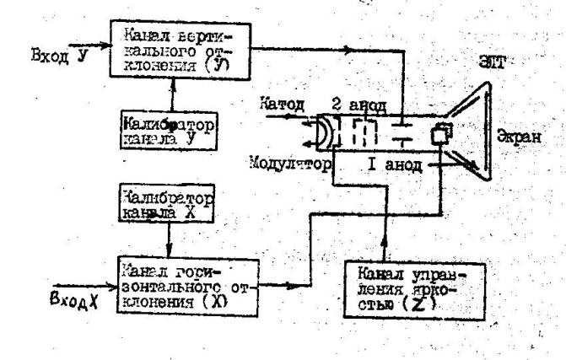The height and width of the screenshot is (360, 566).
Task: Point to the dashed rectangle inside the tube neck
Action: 364,135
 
